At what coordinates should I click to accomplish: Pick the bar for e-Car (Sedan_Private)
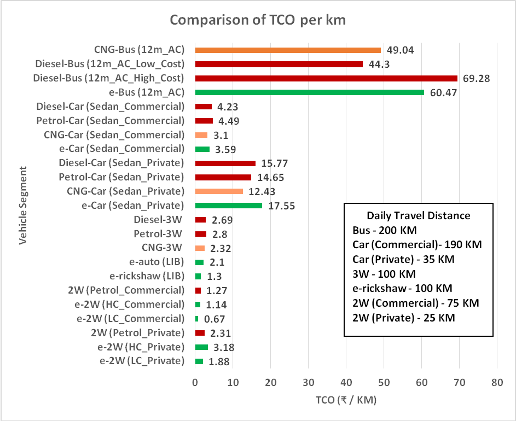[228, 206]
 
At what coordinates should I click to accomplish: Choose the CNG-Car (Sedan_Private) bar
[219, 191]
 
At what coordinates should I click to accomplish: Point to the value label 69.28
[476, 78]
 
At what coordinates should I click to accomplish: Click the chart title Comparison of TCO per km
[258, 20]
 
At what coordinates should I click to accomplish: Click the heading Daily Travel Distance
[419, 215]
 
